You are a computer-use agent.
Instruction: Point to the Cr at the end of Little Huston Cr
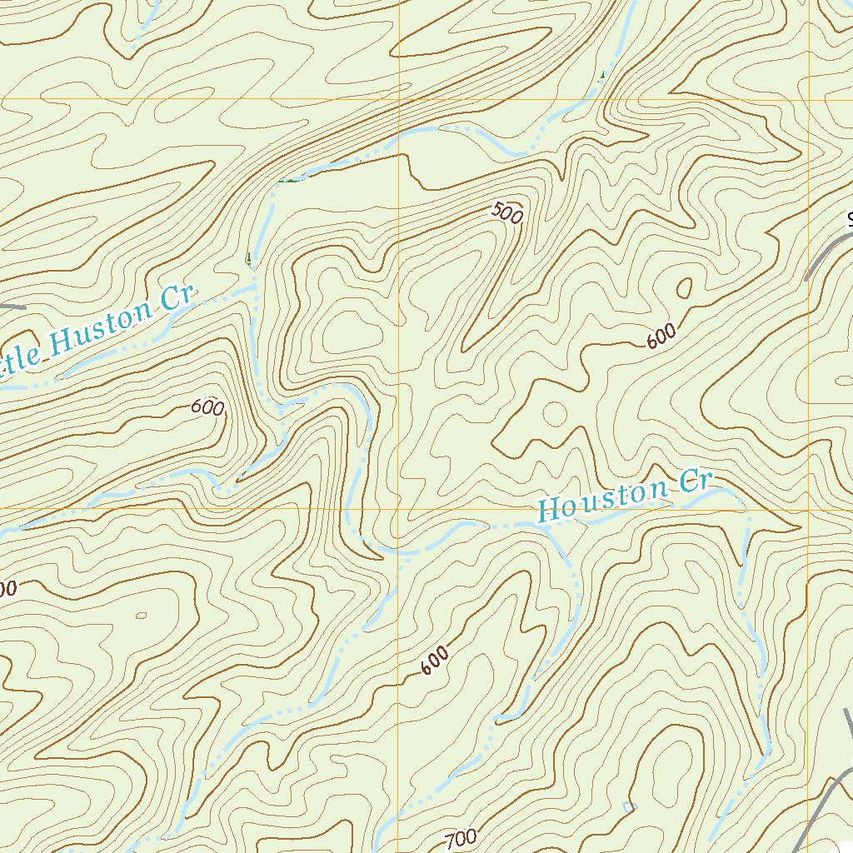coord(177,297)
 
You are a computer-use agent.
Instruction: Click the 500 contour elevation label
coord(506,214)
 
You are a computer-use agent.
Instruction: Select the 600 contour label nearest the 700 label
coord(434,660)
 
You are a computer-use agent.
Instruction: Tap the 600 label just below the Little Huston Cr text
coord(207,407)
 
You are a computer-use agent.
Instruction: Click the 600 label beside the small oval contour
coord(661,337)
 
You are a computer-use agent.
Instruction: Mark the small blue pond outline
coord(628,806)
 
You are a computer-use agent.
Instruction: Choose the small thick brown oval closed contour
coord(685,288)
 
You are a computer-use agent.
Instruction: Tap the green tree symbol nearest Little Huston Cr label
coord(248,259)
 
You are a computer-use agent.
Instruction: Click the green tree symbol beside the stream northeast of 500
coord(602,76)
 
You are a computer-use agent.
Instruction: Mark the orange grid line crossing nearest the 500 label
coord(399,100)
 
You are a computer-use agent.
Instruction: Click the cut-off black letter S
coord(850,220)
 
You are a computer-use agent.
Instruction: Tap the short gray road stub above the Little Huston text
coord(12,307)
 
